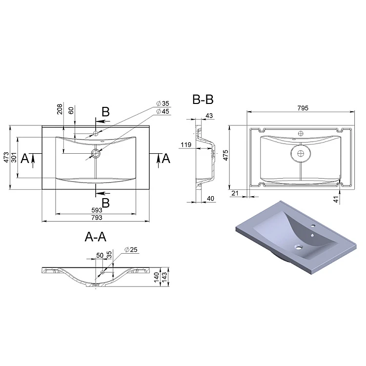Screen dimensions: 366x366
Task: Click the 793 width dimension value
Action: tap(97, 218)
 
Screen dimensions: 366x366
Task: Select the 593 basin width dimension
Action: tap(97, 210)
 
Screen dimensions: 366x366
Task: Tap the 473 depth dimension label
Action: tap(6, 157)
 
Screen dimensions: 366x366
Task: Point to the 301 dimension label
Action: tap(14, 157)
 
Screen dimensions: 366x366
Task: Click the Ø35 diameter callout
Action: tap(163, 103)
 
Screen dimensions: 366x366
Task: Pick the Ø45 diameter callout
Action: tap(163, 111)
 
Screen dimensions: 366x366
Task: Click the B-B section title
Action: tap(203, 100)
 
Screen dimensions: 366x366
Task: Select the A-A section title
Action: tap(96, 237)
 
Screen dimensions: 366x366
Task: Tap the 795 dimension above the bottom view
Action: tap(303, 108)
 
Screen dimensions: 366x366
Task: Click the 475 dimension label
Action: tap(226, 155)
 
